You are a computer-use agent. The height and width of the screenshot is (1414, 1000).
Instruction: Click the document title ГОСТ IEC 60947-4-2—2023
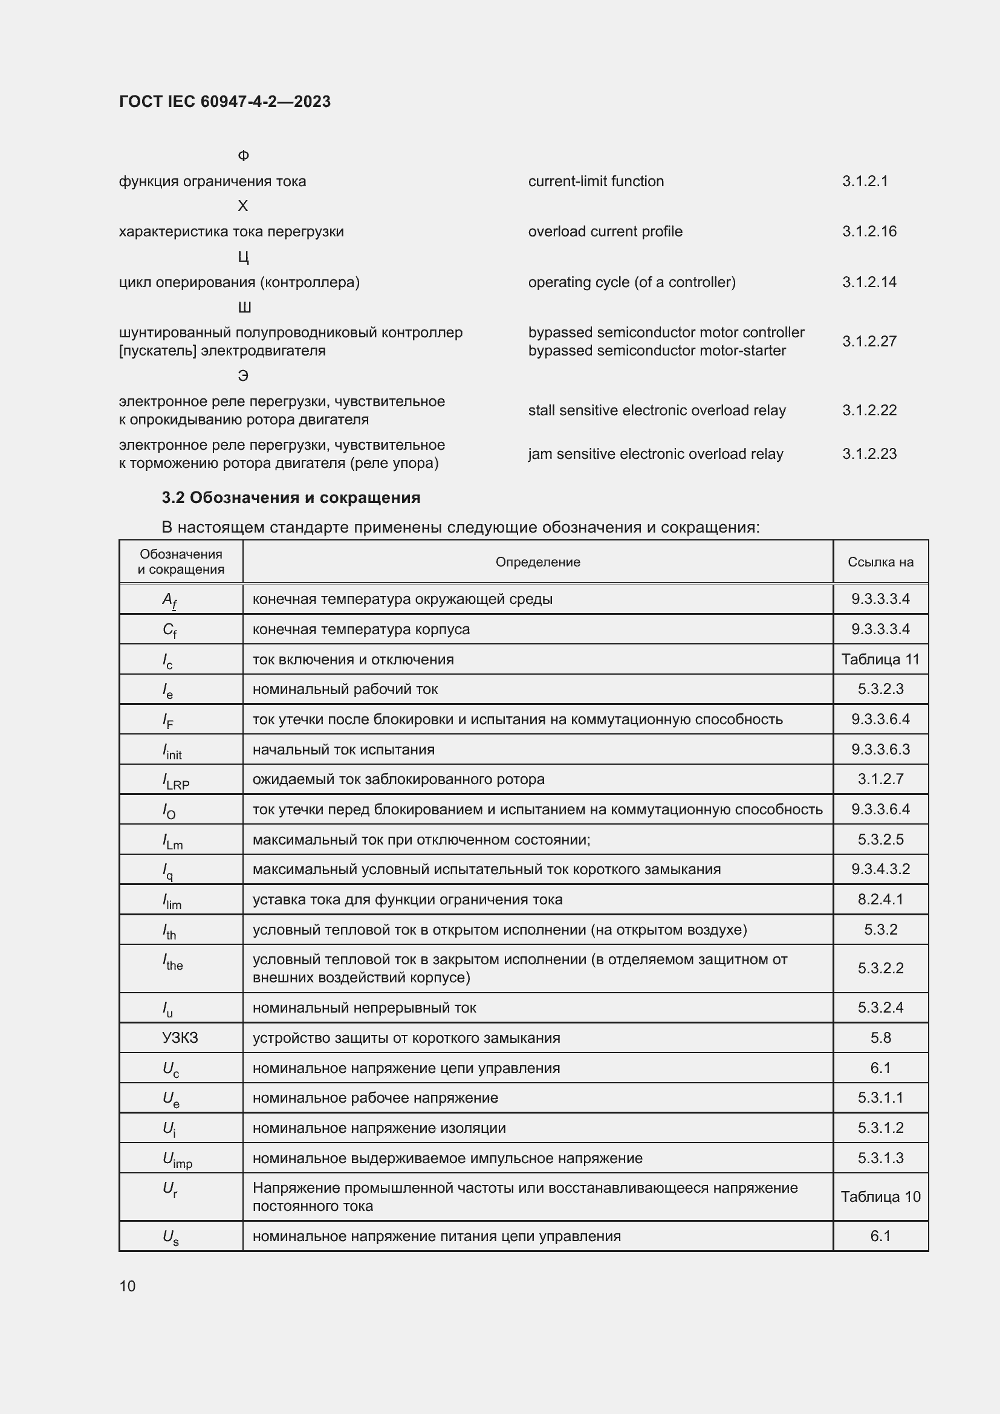(225, 102)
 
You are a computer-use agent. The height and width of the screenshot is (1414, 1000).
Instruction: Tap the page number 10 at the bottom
(128, 1286)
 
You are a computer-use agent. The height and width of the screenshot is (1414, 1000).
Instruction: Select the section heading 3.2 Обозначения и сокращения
(291, 498)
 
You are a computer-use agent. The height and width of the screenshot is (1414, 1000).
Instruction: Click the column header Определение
(537, 562)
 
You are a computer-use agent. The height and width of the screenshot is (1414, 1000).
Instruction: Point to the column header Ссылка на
(880, 562)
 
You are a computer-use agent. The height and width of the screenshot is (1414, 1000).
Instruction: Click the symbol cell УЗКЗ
(180, 1038)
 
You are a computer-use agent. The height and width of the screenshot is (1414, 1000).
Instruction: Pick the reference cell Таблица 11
(880, 659)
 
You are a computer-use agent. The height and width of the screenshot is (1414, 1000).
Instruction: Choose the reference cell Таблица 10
(880, 1196)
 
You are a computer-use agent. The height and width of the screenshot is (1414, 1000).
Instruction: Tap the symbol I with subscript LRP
(175, 780)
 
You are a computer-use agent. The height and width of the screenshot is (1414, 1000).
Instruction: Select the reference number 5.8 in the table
(880, 1038)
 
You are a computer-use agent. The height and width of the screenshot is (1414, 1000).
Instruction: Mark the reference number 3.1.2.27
(869, 341)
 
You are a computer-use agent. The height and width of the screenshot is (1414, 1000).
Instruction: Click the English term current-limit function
(596, 181)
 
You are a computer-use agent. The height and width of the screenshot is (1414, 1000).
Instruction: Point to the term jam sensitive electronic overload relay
(655, 454)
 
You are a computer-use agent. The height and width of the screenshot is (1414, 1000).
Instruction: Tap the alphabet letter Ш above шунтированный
(244, 307)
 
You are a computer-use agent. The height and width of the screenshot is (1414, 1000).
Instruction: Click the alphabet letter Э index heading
(243, 375)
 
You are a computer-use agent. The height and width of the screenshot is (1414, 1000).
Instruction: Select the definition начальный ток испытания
(343, 750)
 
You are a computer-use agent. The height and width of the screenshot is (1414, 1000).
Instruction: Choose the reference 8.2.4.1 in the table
(880, 899)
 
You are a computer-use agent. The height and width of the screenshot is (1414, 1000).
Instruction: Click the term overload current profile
(605, 232)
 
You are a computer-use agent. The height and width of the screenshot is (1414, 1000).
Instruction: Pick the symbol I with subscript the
(173, 962)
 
